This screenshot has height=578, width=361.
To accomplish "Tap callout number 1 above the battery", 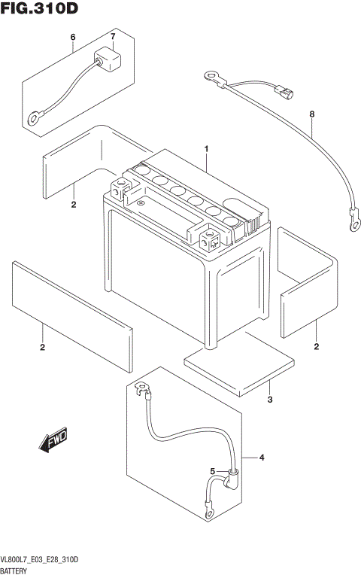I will [x=205, y=150].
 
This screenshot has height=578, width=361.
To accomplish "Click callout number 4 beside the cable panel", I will [x=262, y=458].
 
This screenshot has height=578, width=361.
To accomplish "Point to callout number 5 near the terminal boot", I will [x=213, y=472].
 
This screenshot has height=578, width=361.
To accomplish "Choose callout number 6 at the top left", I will [x=73, y=38].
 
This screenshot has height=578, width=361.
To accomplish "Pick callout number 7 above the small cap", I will [x=113, y=38].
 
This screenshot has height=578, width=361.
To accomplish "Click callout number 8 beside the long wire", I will [x=311, y=114].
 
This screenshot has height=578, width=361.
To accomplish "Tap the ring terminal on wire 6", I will [x=34, y=117].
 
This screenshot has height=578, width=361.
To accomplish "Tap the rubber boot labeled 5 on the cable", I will [x=232, y=479].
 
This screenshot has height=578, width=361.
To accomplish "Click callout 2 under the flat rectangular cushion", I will [x=42, y=347].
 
